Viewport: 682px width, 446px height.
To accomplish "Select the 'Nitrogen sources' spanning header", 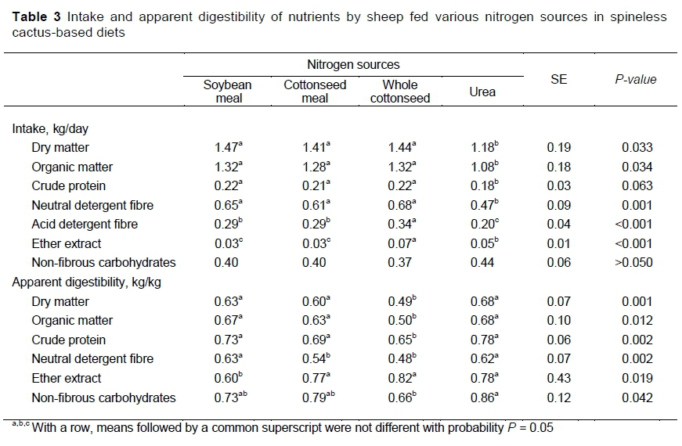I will point(352,65).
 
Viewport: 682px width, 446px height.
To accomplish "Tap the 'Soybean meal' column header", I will point(228,92).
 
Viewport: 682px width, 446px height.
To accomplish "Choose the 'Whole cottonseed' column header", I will point(400,92).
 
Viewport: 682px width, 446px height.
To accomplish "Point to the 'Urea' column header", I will point(482,92).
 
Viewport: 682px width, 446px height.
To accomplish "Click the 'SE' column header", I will point(559,79).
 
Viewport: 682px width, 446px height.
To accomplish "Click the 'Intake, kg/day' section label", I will point(55,128).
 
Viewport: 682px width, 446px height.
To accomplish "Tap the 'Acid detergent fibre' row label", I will point(85,225).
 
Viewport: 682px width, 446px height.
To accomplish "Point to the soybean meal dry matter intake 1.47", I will point(226,148).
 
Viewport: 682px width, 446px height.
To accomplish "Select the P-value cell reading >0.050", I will point(633,263).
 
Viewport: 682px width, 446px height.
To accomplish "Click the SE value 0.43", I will point(559,379).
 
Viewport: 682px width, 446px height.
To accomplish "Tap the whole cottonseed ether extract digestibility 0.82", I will point(399,379).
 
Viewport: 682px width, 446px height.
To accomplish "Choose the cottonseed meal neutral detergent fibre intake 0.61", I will point(313,206).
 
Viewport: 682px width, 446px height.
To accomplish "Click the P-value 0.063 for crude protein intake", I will point(637,186).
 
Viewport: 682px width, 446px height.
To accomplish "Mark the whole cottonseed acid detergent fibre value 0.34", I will point(399,225).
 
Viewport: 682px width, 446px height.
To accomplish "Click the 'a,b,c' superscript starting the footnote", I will point(20,425).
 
